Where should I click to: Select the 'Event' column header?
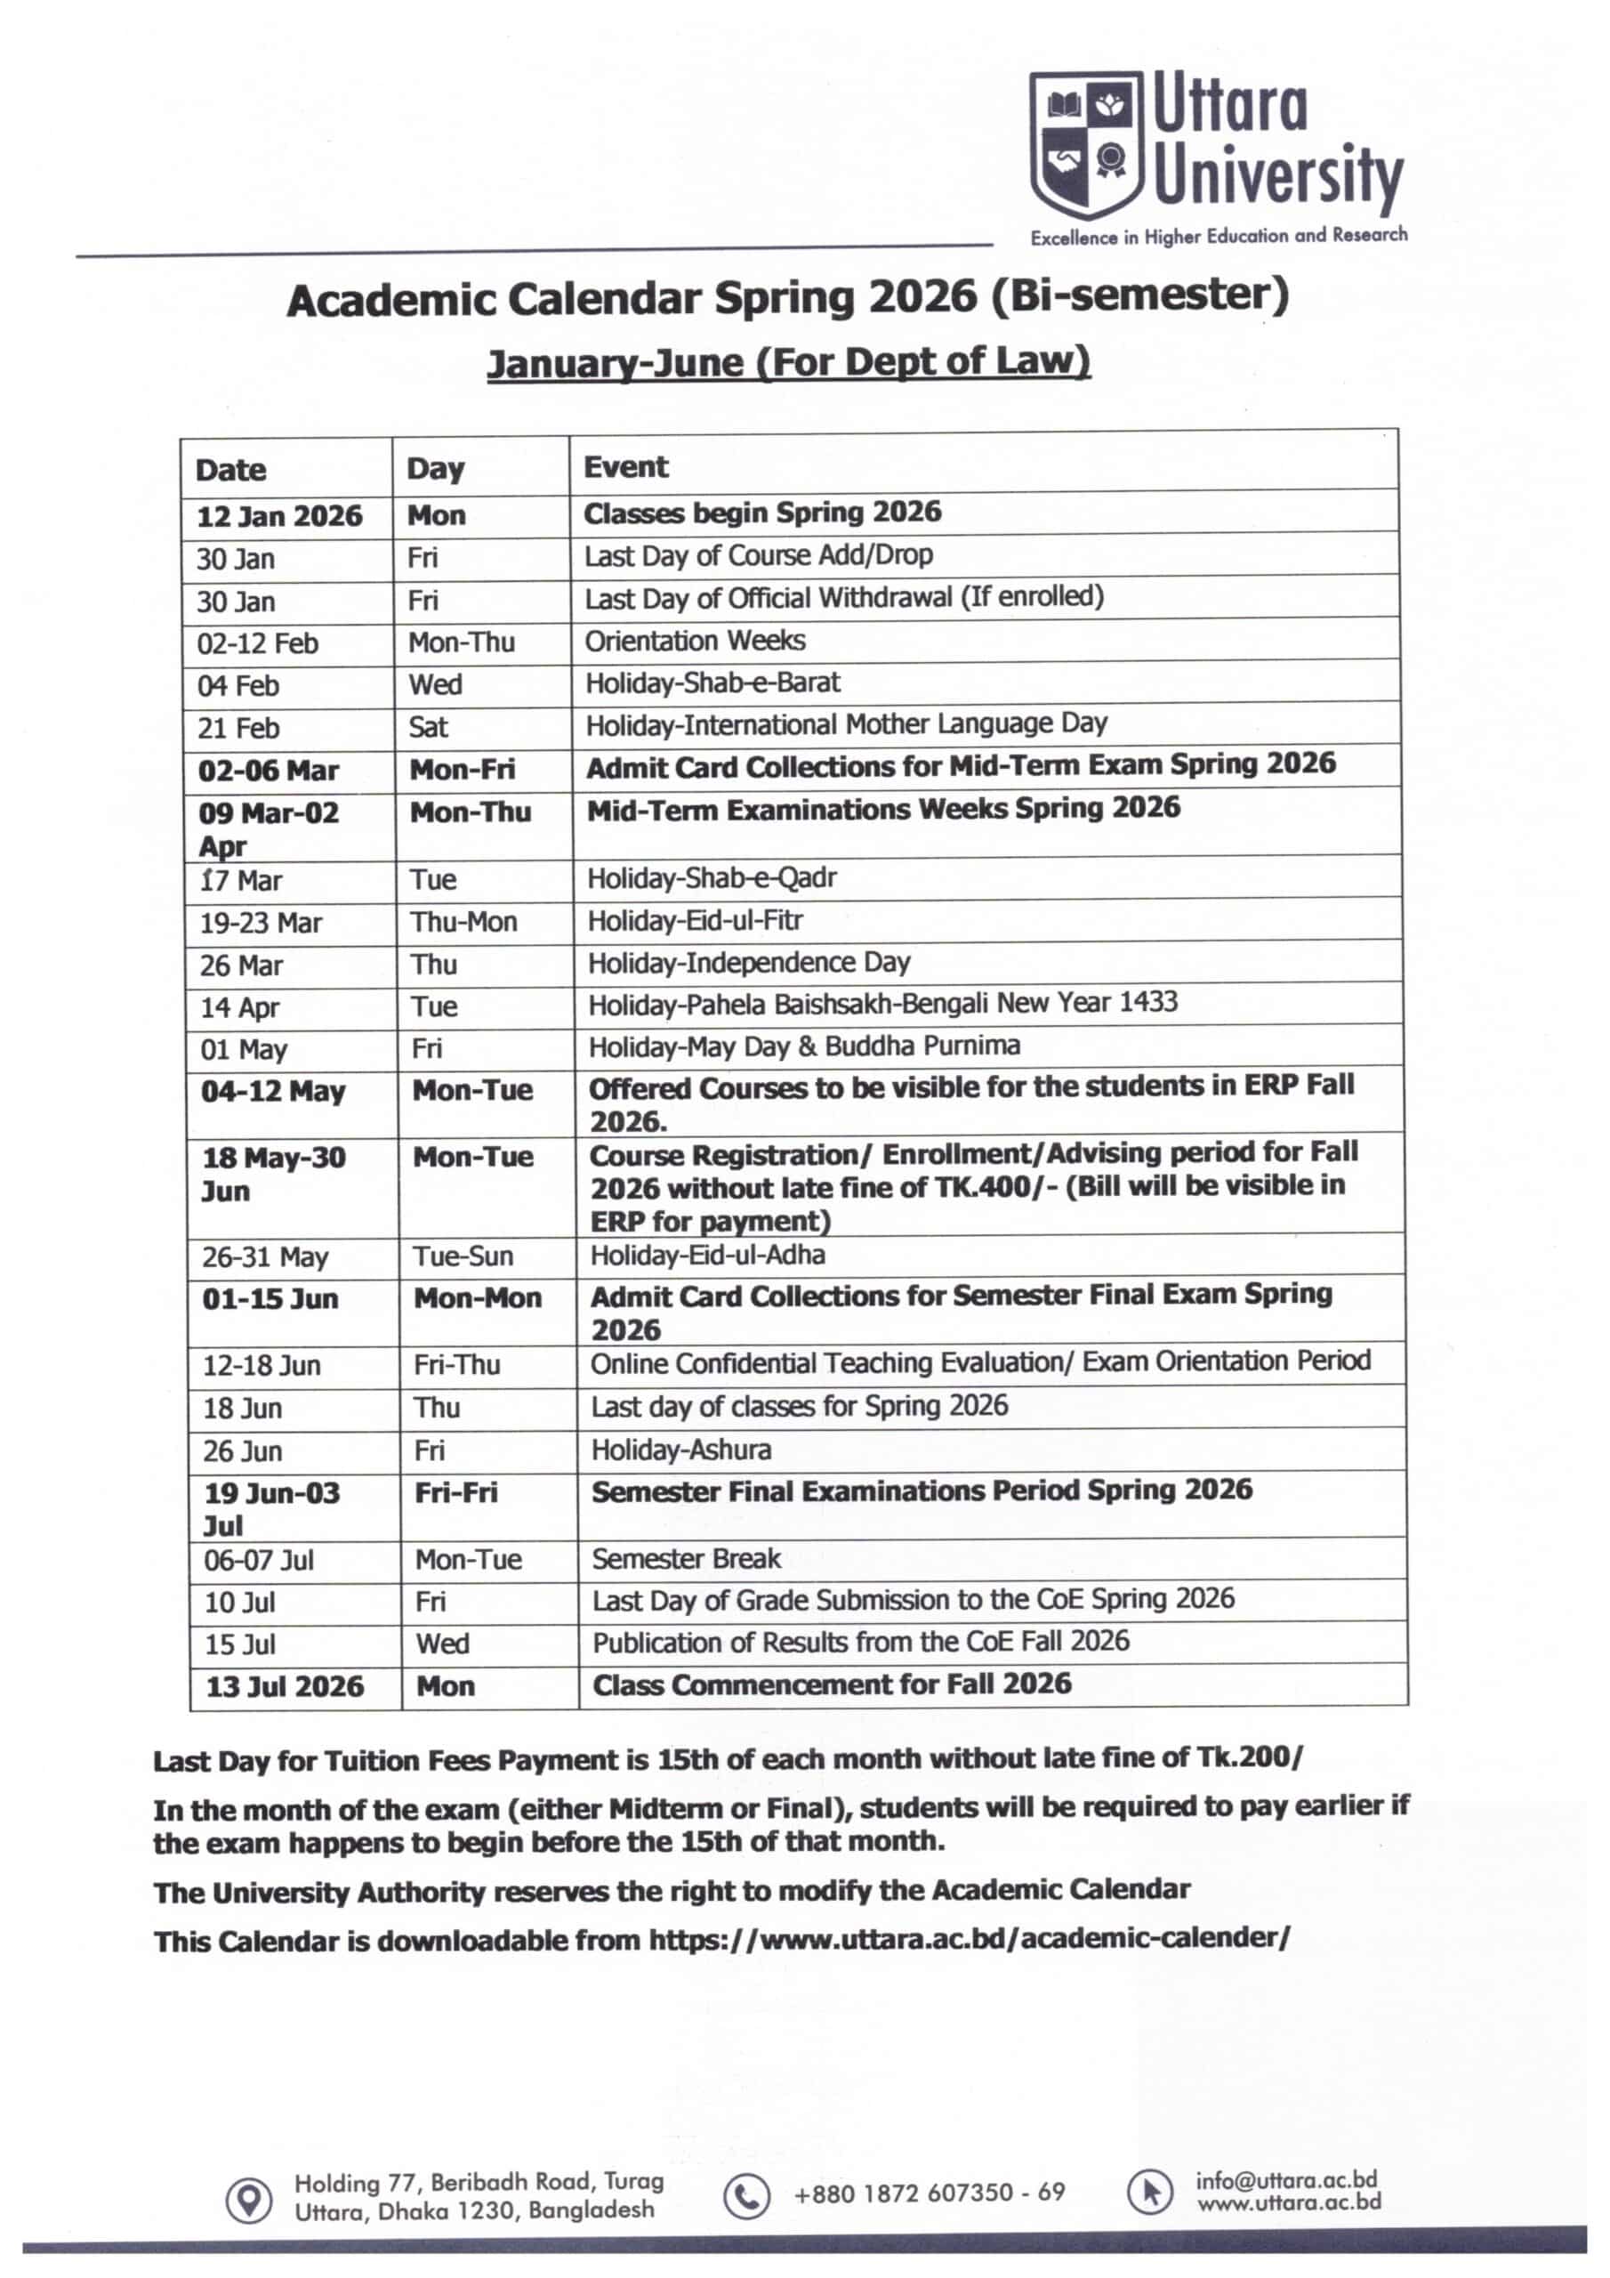point(625,467)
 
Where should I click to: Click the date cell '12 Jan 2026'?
point(278,517)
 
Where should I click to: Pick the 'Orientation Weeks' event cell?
point(695,641)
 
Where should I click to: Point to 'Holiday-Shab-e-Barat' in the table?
point(712,683)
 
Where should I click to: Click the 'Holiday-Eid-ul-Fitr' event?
point(695,921)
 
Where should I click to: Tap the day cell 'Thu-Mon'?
point(463,922)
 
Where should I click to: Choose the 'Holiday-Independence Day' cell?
point(748,963)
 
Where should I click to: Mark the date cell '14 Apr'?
point(240,1008)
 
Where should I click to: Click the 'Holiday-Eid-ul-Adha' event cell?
point(707,1255)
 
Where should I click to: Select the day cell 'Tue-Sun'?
point(463,1256)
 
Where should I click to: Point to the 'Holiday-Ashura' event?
point(680,1450)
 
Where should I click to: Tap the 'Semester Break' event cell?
point(686,1558)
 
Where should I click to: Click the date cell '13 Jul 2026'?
point(285,1686)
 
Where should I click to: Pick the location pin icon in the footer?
point(249,2200)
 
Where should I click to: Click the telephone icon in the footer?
point(745,2197)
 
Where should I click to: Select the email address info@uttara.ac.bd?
point(1285,2180)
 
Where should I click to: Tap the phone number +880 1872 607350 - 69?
point(929,2193)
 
